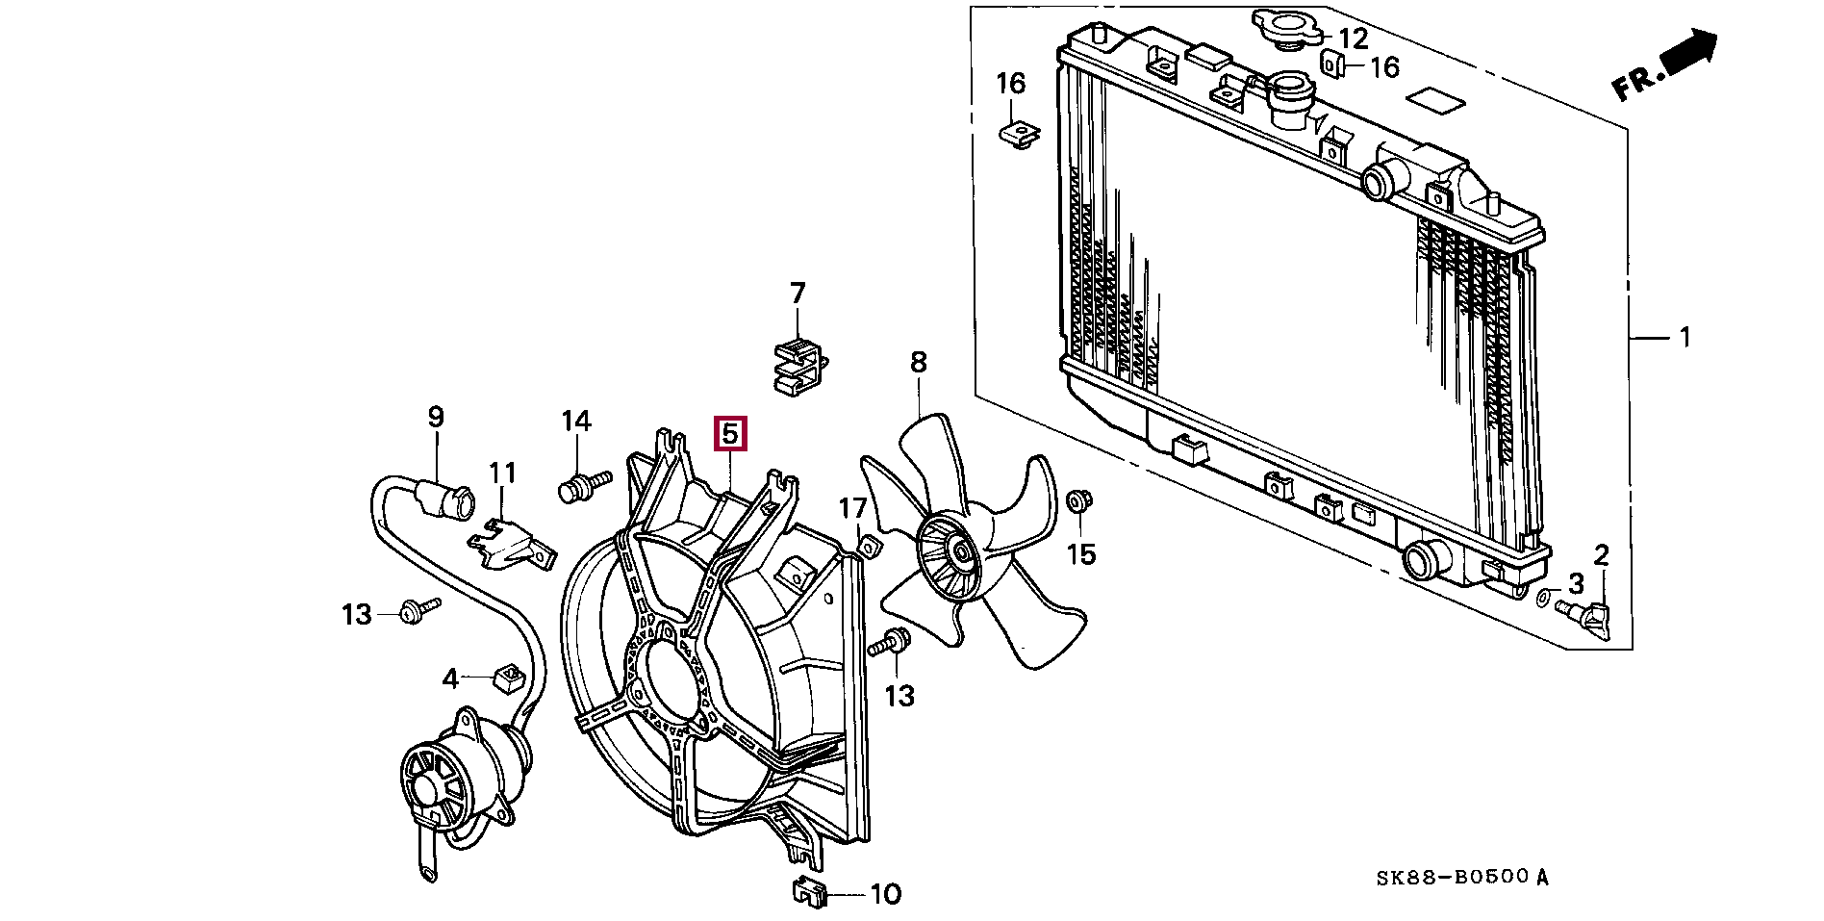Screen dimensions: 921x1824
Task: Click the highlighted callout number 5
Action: pos(729,434)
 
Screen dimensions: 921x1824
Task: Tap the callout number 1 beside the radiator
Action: pos(1684,337)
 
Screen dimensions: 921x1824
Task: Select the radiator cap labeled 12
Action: pos(1288,29)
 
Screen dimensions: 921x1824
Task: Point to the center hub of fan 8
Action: pos(959,552)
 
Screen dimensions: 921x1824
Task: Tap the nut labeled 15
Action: pos(1077,500)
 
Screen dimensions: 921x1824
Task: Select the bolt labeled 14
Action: pos(581,486)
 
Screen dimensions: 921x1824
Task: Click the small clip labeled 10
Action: pos(811,894)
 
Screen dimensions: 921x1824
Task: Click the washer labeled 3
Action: pos(1544,599)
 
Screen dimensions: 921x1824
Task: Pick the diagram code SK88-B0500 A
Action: pos(1461,878)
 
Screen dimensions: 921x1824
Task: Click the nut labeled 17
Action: pos(869,548)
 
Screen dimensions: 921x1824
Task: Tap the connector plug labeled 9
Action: pos(450,499)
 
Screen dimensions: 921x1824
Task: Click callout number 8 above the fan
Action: pos(919,363)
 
